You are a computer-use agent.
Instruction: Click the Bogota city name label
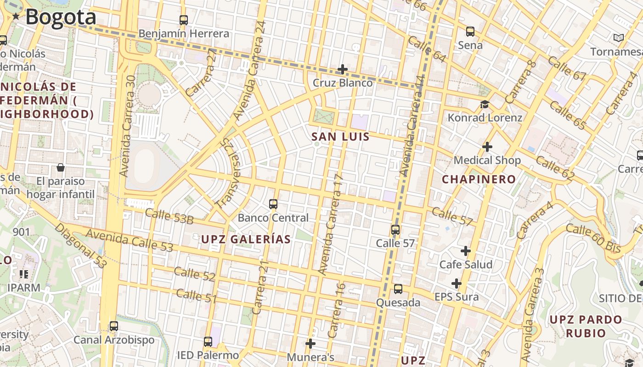point(61,17)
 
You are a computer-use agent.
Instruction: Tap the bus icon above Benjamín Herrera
point(184,20)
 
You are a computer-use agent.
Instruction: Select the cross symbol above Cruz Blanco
point(343,69)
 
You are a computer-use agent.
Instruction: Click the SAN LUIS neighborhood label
point(340,137)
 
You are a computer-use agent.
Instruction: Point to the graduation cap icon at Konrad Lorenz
point(485,105)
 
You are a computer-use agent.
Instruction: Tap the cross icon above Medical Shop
point(487,147)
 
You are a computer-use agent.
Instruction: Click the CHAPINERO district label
point(479,179)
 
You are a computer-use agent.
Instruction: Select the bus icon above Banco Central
point(273,204)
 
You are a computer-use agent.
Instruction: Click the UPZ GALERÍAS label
point(246,239)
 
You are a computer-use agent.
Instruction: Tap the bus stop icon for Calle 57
point(395,229)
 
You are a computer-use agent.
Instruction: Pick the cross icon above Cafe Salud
point(466,251)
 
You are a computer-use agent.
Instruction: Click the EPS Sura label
point(457,297)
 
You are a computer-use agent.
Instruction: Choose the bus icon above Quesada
point(398,289)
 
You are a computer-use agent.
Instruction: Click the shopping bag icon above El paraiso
point(60,167)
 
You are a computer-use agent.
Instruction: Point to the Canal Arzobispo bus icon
point(114,326)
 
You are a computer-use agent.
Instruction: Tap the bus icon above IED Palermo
point(208,341)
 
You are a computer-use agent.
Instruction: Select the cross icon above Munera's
point(310,343)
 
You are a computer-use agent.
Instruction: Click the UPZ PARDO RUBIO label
point(586,326)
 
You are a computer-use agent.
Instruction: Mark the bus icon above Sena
point(470,32)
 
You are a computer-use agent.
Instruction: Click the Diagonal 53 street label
point(81,245)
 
